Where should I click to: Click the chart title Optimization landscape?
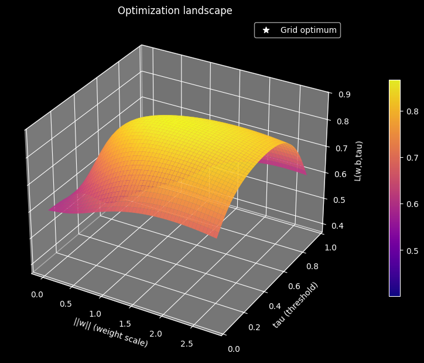175,11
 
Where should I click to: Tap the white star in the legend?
266,30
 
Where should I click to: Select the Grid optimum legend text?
309,30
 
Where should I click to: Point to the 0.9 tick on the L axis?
344,94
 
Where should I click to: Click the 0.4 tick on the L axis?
338,226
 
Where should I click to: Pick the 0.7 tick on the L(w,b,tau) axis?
341,148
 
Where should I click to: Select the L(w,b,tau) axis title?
358,161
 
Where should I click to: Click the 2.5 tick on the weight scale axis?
187,344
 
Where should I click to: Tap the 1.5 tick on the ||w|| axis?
125,324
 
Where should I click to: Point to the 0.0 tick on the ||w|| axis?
37,294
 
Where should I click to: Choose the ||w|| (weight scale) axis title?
111,333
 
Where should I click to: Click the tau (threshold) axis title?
295,305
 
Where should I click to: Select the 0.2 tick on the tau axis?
254,327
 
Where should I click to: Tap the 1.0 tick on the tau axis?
330,247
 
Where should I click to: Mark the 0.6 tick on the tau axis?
294,286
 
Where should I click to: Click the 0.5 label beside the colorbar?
412,251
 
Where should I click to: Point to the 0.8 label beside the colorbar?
412,111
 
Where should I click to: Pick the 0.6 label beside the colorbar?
412,204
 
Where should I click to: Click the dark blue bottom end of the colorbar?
395,294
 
